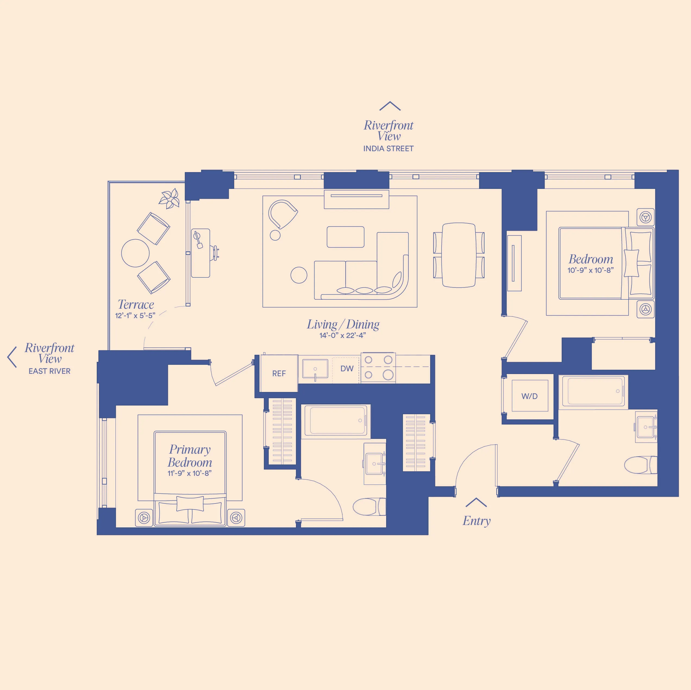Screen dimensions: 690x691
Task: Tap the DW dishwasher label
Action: [x=346, y=368]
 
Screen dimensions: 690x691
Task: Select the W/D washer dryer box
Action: [x=529, y=396]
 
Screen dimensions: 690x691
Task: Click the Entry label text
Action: [x=476, y=521]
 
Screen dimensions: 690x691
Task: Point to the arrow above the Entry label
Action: [x=476, y=502]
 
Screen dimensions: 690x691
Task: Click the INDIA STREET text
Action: [x=388, y=149]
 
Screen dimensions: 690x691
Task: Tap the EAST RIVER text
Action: [x=49, y=371]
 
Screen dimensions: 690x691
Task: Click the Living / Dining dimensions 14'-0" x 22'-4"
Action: [x=343, y=335]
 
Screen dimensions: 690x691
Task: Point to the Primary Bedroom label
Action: [x=190, y=455]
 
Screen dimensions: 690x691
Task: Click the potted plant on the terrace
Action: [x=170, y=199]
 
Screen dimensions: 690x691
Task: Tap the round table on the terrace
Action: [x=135, y=253]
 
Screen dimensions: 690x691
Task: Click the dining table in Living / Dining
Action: [x=459, y=255]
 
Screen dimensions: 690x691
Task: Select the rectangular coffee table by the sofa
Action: [x=346, y=236]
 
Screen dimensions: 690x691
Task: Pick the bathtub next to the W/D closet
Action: [x=593, y=392]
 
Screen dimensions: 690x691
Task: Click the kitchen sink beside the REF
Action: [x=315, y=369]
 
